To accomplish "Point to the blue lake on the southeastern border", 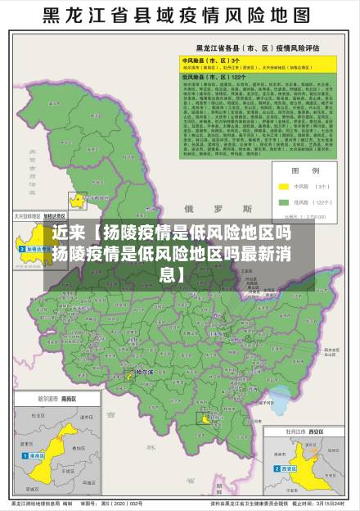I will click(x=281, y=399).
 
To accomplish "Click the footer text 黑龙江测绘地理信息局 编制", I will click(x=41, y=503).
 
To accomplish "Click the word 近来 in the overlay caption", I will click(x=68, y=233).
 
